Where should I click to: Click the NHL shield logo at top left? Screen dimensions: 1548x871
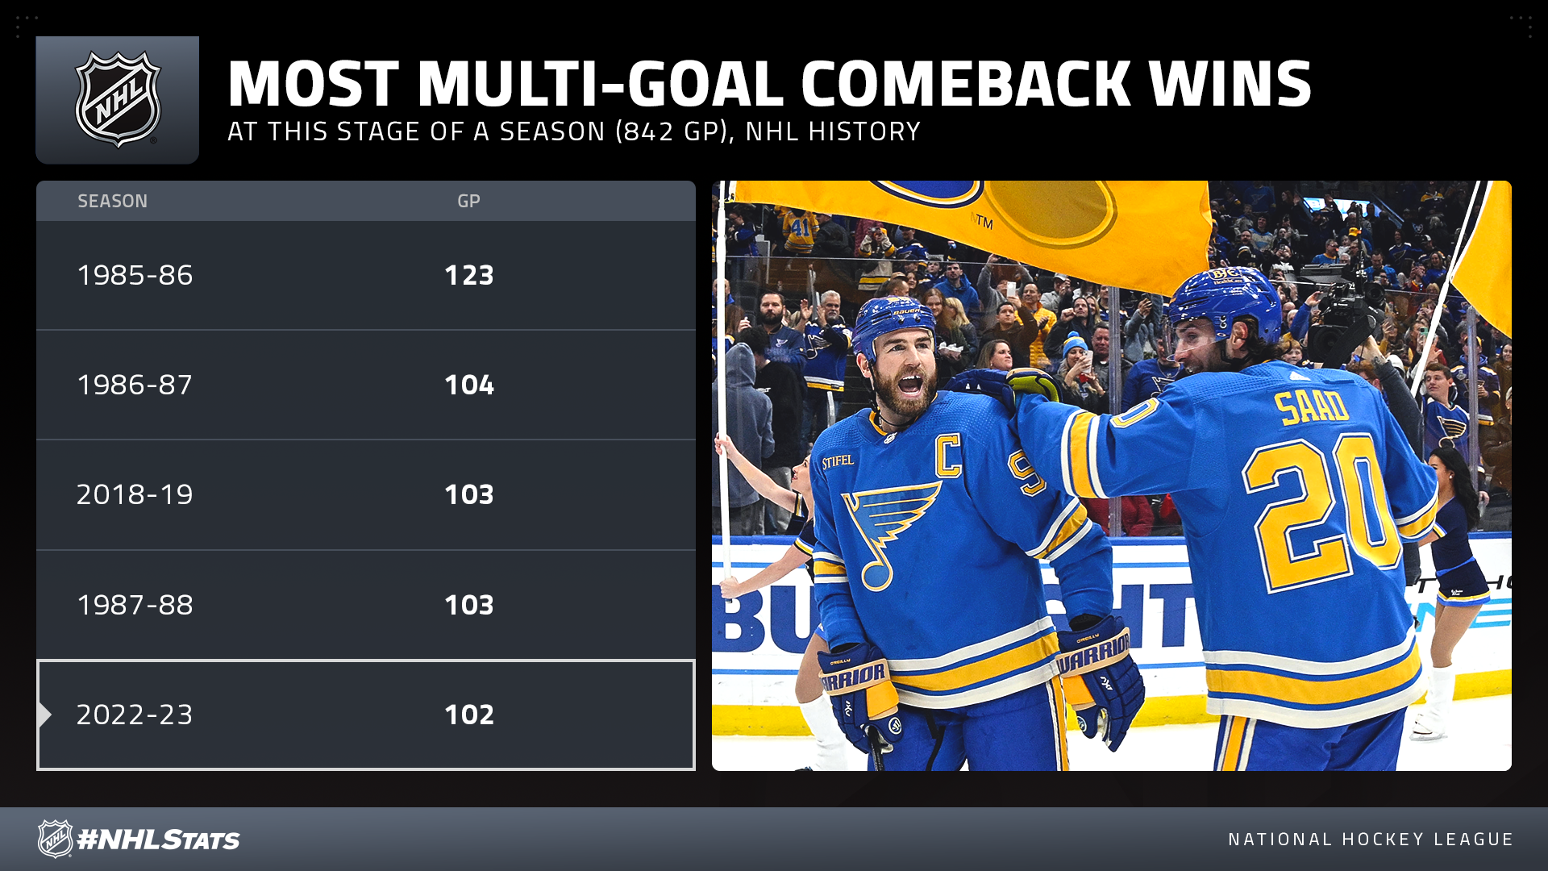point(118,100)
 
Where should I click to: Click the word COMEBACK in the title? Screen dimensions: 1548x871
point(966,84)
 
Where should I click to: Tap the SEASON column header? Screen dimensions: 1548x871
point(112,201)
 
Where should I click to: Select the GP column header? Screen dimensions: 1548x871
point(468,201)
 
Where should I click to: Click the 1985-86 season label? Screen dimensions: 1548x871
point(135,275)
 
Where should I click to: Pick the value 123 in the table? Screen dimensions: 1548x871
point(469,275)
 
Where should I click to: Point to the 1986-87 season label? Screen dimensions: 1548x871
point(135,385)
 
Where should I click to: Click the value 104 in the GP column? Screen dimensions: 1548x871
point(469,385)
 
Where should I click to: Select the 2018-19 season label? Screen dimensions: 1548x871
point(135,494)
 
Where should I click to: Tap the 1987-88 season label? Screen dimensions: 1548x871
point(135,605)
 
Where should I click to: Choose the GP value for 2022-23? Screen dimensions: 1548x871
point(469,715)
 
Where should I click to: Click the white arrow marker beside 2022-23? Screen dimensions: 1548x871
point(44,715)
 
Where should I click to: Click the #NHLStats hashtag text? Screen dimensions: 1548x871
point(159,840)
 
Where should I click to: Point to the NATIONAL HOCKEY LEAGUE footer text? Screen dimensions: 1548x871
point(1371,840)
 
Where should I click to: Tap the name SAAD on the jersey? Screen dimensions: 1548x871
point(1312,407)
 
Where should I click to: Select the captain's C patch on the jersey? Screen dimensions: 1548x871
point(948,456)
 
